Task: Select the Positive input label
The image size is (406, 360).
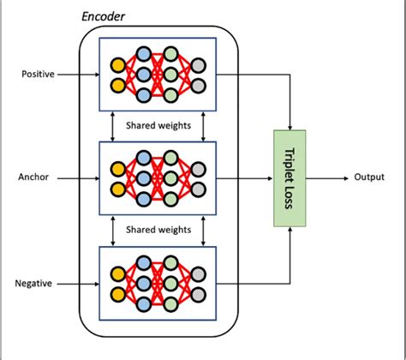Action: (38, 75)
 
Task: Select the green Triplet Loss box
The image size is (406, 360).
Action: (289, 178)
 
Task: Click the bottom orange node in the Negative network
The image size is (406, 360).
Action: (117, 292)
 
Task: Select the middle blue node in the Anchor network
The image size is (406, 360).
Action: (146, 178)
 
